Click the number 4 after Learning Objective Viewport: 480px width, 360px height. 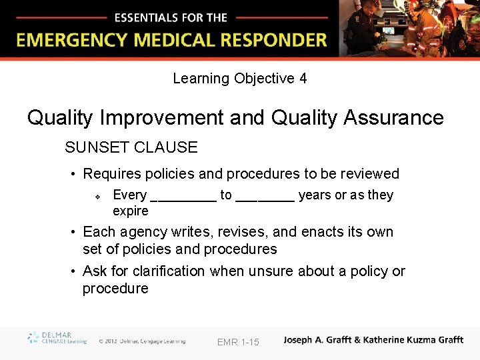(x=303, y=79)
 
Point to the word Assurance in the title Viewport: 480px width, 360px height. (x=393, y=118)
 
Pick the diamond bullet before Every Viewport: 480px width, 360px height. (x=97, y=197)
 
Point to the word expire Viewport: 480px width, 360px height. (x=131, y=211)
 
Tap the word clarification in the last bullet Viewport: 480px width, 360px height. (x=169, y=271)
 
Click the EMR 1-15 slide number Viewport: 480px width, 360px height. (x=238, y=342)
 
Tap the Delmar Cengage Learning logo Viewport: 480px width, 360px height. (x=57, y=338)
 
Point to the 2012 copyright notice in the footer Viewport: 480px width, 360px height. (x=141, y=341)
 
